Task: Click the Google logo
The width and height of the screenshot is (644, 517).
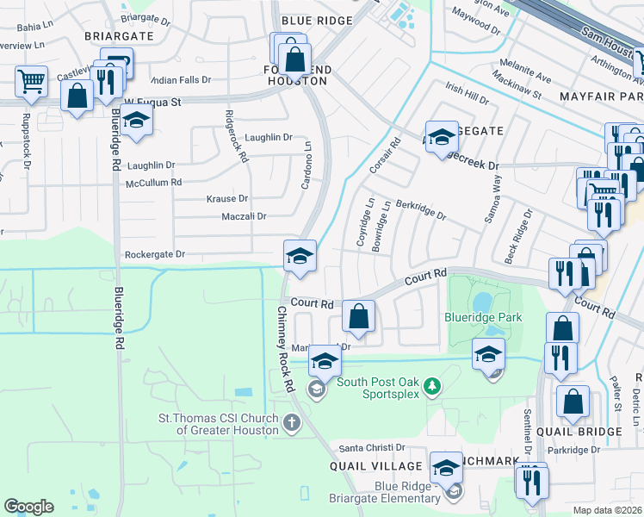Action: point(28,507)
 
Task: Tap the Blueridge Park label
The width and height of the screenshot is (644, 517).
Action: point(483,318)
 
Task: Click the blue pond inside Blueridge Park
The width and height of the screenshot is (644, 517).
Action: point(481,301)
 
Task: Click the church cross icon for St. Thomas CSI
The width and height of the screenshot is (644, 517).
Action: point(292,421)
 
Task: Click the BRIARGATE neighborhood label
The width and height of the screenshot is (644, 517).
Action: point(119,36)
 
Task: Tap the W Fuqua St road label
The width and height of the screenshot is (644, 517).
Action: point(152,102)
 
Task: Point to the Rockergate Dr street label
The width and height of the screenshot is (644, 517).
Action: point(155,255)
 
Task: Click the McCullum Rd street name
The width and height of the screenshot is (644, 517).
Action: point(153,183)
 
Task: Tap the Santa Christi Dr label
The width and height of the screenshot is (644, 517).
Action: point(371,448)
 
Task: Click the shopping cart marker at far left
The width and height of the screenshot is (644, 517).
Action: point(31,82)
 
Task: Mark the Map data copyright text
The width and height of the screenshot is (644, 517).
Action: point(608,510)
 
